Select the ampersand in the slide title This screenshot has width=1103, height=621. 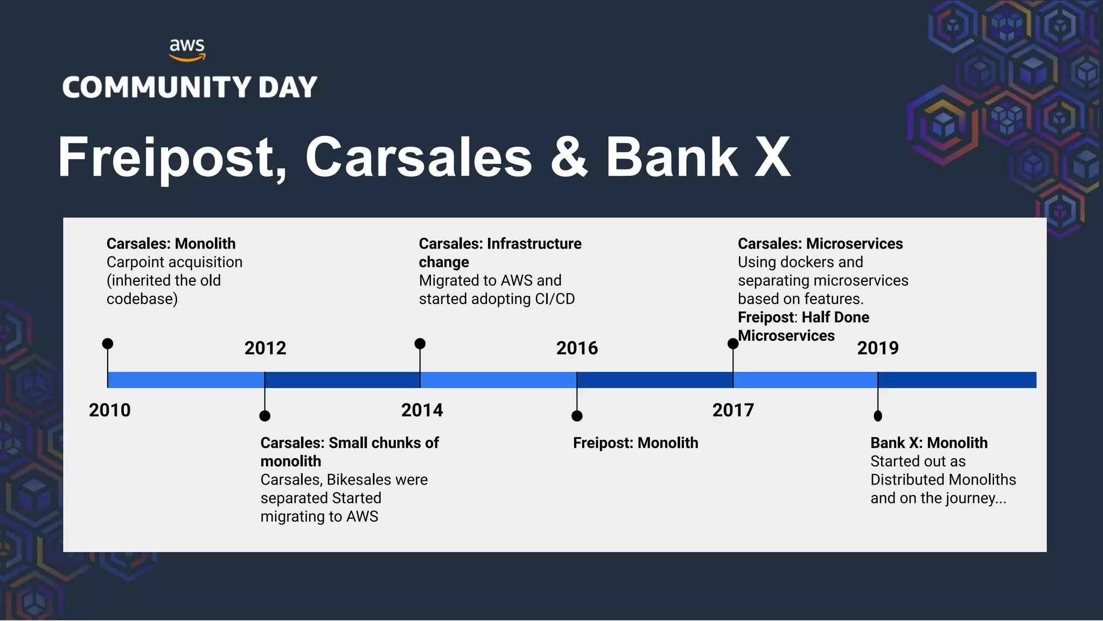[x=569, y=157]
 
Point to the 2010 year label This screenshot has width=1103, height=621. [x=110, y=410]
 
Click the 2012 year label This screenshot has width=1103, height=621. [x=265, y=348]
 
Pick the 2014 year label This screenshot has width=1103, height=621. [x=422, y=410]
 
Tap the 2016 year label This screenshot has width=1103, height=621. [x=577, y=348]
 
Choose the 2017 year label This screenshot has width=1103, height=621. [x=733, y=410]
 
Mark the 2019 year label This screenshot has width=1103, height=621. [x=878, y=348]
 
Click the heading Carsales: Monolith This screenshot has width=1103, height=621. [x=171, y=244]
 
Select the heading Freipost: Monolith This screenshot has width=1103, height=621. [x=636, y=443]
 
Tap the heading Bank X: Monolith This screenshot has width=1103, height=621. [x=929, y=443]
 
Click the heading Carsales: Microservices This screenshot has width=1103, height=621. [x=820, y=244]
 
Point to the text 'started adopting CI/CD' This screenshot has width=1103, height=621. [x=497, y=299]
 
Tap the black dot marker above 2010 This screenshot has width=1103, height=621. [x=108, y=343]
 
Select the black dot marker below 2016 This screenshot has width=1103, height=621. [x=577, y=416]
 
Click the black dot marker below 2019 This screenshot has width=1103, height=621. [x=878, y=416]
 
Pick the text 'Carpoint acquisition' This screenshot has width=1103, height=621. [x=174, y=263]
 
